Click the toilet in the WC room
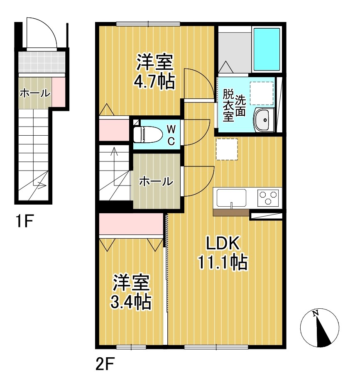pyautogui.click(x=148, y=134)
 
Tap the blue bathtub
pyautogui.click(x=267, y=49)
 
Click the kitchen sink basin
pyautogui.click(x=232, y=198)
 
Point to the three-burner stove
pyautogui.click(x=268, y=198)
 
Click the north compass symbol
pyautogui.click(x=320, y=328)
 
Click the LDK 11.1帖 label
pyautogui.click(x=223, y=253)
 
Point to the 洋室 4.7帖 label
pyautogui.click(x=154, y=72)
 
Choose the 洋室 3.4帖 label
pyautogui.click(x=131, y=292)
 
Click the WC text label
pyautogui.click(x=171, y=135)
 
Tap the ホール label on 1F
pyautogui.click(x=35, y=93)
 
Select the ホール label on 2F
pyautogui.click(x=156, y=182)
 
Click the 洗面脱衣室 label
pyautogui.click(x=234, y=105)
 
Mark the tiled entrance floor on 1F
pyautogui.click(x=42, y=62)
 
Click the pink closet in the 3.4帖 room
pyautogui.click(x=131, y=224)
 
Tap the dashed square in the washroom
pyautogui.click(x=262, y=93)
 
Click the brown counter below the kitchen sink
pyautogui.click(x=231, y=213)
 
